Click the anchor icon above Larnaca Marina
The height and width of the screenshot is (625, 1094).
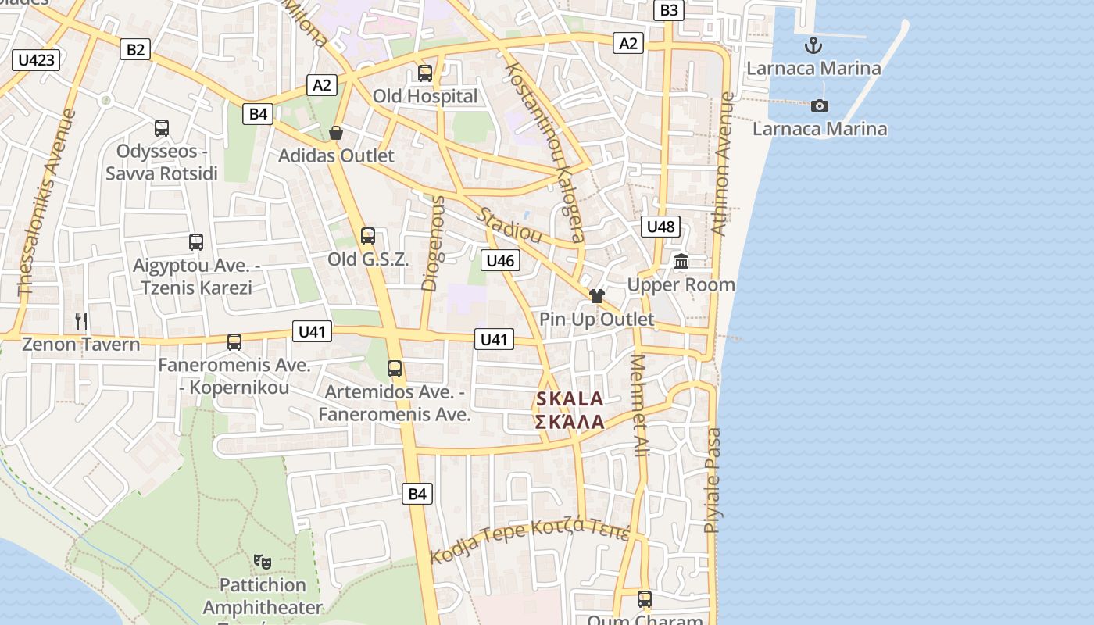tap(813, 45)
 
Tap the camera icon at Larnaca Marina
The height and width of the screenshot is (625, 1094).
tap(819, 105)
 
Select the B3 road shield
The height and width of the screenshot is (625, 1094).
tap(670, 10)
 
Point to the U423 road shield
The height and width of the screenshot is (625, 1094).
tap(37, 59)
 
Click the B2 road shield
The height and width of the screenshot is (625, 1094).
tap(136, 49)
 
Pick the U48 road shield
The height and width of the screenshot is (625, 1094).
tap(660, 227)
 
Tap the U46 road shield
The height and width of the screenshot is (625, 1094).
tap(499, 260)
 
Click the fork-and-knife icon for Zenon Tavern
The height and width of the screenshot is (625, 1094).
tap(81, 320)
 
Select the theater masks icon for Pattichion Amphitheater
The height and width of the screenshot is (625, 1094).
tap(263, 561)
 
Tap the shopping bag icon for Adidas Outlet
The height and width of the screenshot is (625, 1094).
tap(336, 133)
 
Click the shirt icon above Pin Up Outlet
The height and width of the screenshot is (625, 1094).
tap(597, 296)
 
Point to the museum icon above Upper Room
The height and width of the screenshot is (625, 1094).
tap(681, 262)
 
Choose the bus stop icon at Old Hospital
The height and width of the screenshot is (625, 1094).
tap(425, 73)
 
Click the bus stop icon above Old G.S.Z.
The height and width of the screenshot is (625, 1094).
tap(368, 235)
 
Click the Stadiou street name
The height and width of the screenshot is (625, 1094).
tap(510, 226)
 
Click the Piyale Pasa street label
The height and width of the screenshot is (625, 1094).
tap(713, 480)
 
